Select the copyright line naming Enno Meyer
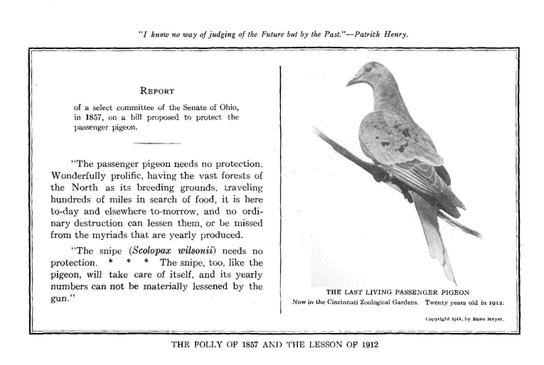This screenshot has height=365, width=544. click(x=464, y=320)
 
